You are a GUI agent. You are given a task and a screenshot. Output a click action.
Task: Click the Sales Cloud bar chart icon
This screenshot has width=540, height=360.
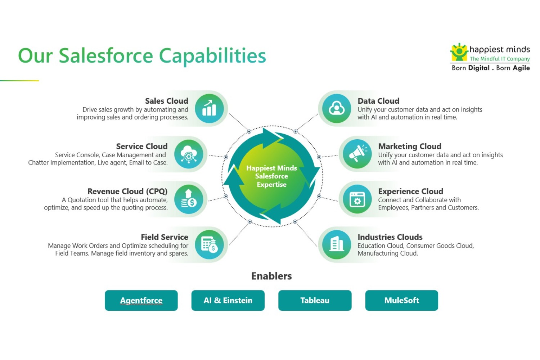coord(209,108)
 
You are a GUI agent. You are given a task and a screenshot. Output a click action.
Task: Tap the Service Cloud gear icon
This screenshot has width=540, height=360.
coord(189,154)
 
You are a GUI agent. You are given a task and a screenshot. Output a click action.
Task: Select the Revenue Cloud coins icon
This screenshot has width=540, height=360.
coord(189,199)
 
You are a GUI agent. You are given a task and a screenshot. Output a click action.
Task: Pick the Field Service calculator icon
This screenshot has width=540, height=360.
coord(209,245)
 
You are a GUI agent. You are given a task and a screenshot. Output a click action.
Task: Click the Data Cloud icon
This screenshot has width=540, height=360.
coord(337,108)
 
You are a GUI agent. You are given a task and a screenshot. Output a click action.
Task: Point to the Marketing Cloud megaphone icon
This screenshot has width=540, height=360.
coord(357,154)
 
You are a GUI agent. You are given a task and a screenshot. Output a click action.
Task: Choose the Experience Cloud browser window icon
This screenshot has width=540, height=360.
coord(357,199)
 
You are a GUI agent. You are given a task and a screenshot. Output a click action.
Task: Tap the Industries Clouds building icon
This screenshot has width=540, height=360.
coord(337,245)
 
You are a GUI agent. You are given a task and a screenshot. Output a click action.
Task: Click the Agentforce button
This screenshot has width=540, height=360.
coord(141,301)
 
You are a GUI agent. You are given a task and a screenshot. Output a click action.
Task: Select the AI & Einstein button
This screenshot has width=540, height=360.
coord(228,301)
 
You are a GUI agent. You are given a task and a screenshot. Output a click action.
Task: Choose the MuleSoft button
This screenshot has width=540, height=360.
coord(401,301)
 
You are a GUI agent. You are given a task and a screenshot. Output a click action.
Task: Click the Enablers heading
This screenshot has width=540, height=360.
coord(271,276)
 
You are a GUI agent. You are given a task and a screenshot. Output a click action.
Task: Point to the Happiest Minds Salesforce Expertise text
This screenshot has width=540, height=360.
coord(271,176)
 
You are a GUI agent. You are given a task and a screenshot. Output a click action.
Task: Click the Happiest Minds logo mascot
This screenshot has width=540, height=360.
coord(459,52)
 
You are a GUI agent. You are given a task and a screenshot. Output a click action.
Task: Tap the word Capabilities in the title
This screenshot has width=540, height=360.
coord(212,56)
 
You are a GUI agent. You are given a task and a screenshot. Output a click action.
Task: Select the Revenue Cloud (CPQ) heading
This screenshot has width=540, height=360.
coord(127,191)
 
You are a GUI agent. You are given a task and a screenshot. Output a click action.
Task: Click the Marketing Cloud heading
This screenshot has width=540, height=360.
coord(410,146)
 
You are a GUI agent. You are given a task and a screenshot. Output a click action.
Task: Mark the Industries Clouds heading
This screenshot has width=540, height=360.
coord(390,237)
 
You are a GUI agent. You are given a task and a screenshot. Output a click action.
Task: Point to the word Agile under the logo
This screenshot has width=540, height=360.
coord(521,68)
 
